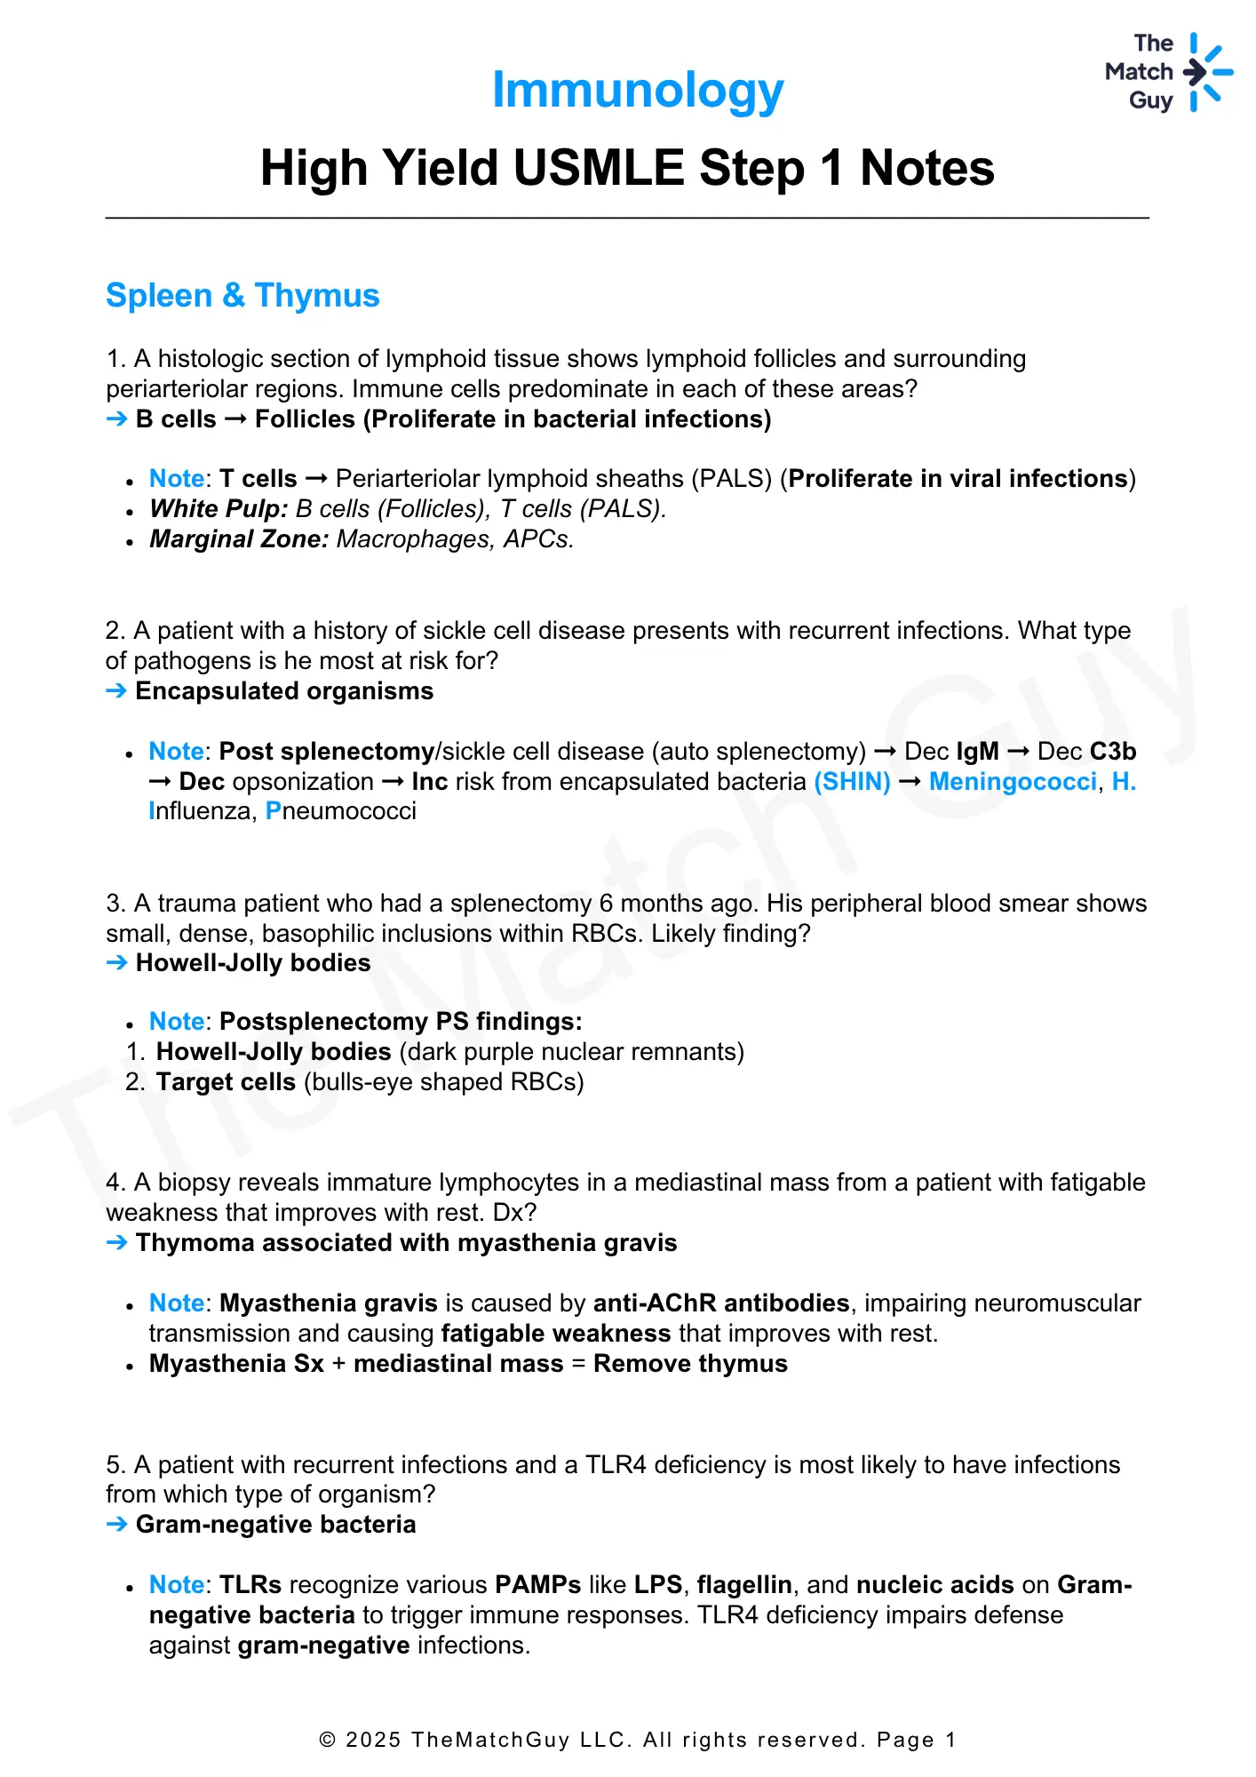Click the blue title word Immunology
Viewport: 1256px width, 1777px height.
(x=638, y=91)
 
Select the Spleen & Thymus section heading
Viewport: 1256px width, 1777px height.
(x=242, y=296)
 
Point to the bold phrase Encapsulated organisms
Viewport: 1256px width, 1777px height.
(x=284, y=691)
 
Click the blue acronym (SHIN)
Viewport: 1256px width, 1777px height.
(x=852, y=782)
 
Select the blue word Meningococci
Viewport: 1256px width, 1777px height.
(x=1013, y=782)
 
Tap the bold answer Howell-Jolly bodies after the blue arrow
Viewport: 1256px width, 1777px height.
(x=253, y=963)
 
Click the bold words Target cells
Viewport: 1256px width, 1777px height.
(x=226, y=1082)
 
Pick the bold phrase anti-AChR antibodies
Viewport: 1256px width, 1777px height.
(x=721, y=1303)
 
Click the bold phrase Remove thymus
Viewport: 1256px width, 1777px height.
(x=690, y=1364)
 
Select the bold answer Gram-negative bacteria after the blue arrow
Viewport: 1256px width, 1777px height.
(x=275, y=1525)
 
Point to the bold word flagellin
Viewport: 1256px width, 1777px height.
(x=744, y=1585)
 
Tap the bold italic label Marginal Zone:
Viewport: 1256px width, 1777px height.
(x=240, y=539)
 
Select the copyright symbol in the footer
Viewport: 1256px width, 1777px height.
(x=328, y=1740)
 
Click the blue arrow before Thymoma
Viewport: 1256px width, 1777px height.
(x=116, y=1243)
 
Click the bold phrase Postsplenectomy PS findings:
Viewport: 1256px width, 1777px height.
(x=401, y=1022)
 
